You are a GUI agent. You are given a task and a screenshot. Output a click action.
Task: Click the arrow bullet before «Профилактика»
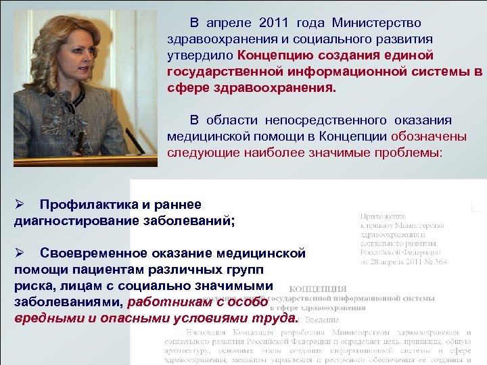(x=20, y=204)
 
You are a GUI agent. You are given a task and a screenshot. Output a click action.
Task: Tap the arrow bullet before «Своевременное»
(x=20, y=253)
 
